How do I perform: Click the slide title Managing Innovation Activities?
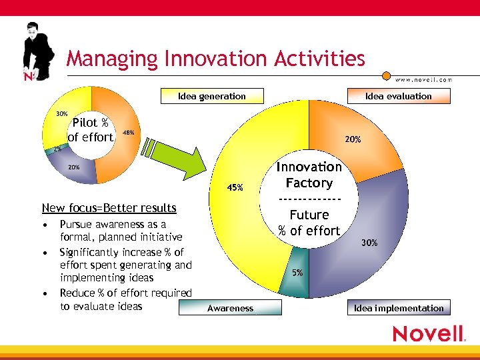[x=215, y=59]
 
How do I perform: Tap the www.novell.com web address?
[x=423, y=79]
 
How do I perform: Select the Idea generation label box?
[x=212, y=96]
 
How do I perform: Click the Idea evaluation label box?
[x=398, y=96]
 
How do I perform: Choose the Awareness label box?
[x=230, y=308]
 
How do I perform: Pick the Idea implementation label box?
[x=399, y=308]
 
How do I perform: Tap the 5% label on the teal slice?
[x=297, y=273]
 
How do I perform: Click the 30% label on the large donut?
[x=369, y=243]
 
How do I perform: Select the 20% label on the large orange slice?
[x=353, y=140]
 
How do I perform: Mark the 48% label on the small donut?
[x=128, y=133]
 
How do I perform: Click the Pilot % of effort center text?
[x=91, y=130]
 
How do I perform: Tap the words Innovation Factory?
[x=309, y=175]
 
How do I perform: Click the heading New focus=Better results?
[x=109, y=208]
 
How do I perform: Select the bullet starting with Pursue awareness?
[x=120, y=231]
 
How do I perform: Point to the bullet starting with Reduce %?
[x=125, y=299]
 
